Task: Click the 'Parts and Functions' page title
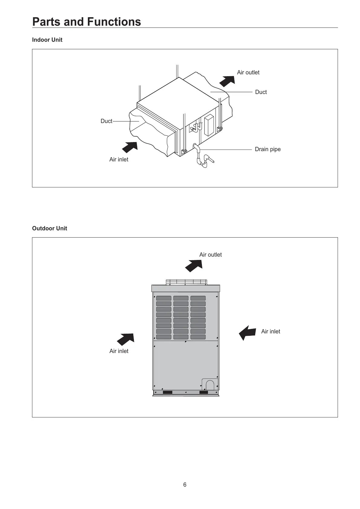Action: click(86, 22)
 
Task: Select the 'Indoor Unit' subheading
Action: click(47, 40)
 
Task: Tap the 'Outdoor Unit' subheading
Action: click(50, 229)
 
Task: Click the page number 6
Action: click(185, 485)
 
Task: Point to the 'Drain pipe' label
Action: click(268, 149)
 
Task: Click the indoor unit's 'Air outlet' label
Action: click(248, 73)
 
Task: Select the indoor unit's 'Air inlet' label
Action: click(118, 160)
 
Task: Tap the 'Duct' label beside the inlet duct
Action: click(106, 121)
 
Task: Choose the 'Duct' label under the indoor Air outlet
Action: click(261, 92)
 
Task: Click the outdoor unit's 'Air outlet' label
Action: click(210, 255)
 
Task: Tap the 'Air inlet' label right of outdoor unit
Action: click(271, 332)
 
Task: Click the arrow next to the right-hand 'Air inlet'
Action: click(248, 332)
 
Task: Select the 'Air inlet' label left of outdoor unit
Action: click(118, 351)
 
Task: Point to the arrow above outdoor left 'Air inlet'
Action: click(126, 339)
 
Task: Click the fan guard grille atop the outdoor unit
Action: click(186, 282)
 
